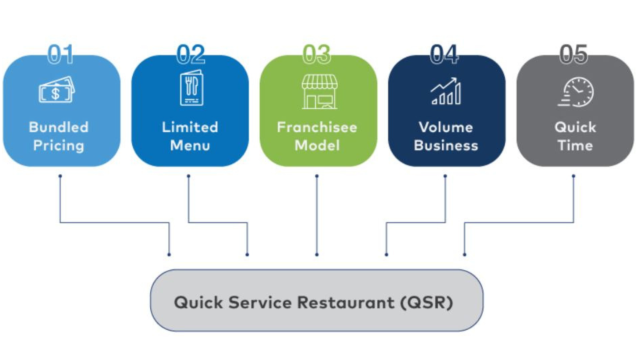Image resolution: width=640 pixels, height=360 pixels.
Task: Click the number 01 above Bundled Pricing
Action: [x=61, y=55]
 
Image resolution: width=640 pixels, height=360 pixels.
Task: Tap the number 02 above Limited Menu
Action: [x=191, y=55]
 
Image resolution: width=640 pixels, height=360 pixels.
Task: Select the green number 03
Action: [x=317, y=55]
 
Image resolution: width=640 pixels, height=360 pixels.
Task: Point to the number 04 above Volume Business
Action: [x=445, y=55]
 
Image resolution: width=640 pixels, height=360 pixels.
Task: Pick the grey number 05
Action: [x=574, y=55]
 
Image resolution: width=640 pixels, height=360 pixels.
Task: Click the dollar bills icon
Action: [x=56, y=92]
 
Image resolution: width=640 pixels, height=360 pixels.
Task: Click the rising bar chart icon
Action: [x=446, y=92]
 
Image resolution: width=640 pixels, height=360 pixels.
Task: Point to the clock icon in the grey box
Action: [x=576, y=92]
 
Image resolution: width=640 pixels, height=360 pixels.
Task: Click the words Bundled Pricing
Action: [x=59, y=136]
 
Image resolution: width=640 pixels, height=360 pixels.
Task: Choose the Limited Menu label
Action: [x=190, y=136]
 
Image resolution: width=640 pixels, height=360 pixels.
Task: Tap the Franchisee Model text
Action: [x=318, y=136]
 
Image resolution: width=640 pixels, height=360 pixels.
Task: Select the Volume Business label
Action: [x=446, y=136]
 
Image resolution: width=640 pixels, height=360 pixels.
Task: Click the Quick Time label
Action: [x=575, y=136]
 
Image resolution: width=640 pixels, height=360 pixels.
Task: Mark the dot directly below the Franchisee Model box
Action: [x=317, y=176]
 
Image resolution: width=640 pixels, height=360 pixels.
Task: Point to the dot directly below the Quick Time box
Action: [x=573, y=176]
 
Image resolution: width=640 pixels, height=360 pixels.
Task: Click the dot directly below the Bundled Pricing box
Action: [x=60, y=176]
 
